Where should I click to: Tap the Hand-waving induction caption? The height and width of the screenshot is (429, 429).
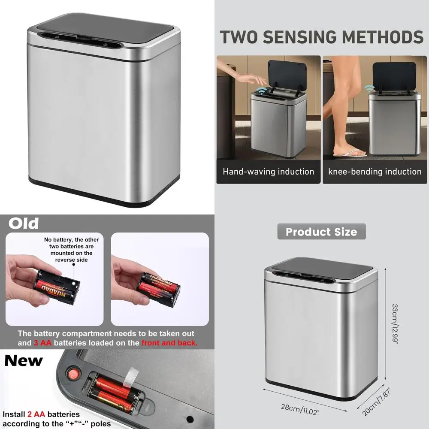(268, 172)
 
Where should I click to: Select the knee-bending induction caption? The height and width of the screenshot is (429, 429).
(375, 172)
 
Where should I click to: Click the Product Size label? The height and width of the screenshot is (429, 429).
(321, 232)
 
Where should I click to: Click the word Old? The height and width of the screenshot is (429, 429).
(24, 223)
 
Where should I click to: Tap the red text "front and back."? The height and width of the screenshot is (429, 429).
(170, 343)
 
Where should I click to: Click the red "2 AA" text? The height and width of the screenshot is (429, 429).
(36, 414)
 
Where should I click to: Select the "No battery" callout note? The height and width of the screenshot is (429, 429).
(71, 250)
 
